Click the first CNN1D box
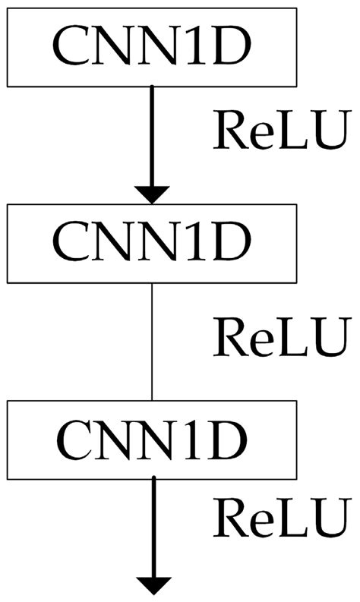[x=152, y=46]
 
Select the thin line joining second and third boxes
[x=153, y=342]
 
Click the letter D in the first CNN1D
[x=229, y=46]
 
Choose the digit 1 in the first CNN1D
[x=191, y=46]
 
